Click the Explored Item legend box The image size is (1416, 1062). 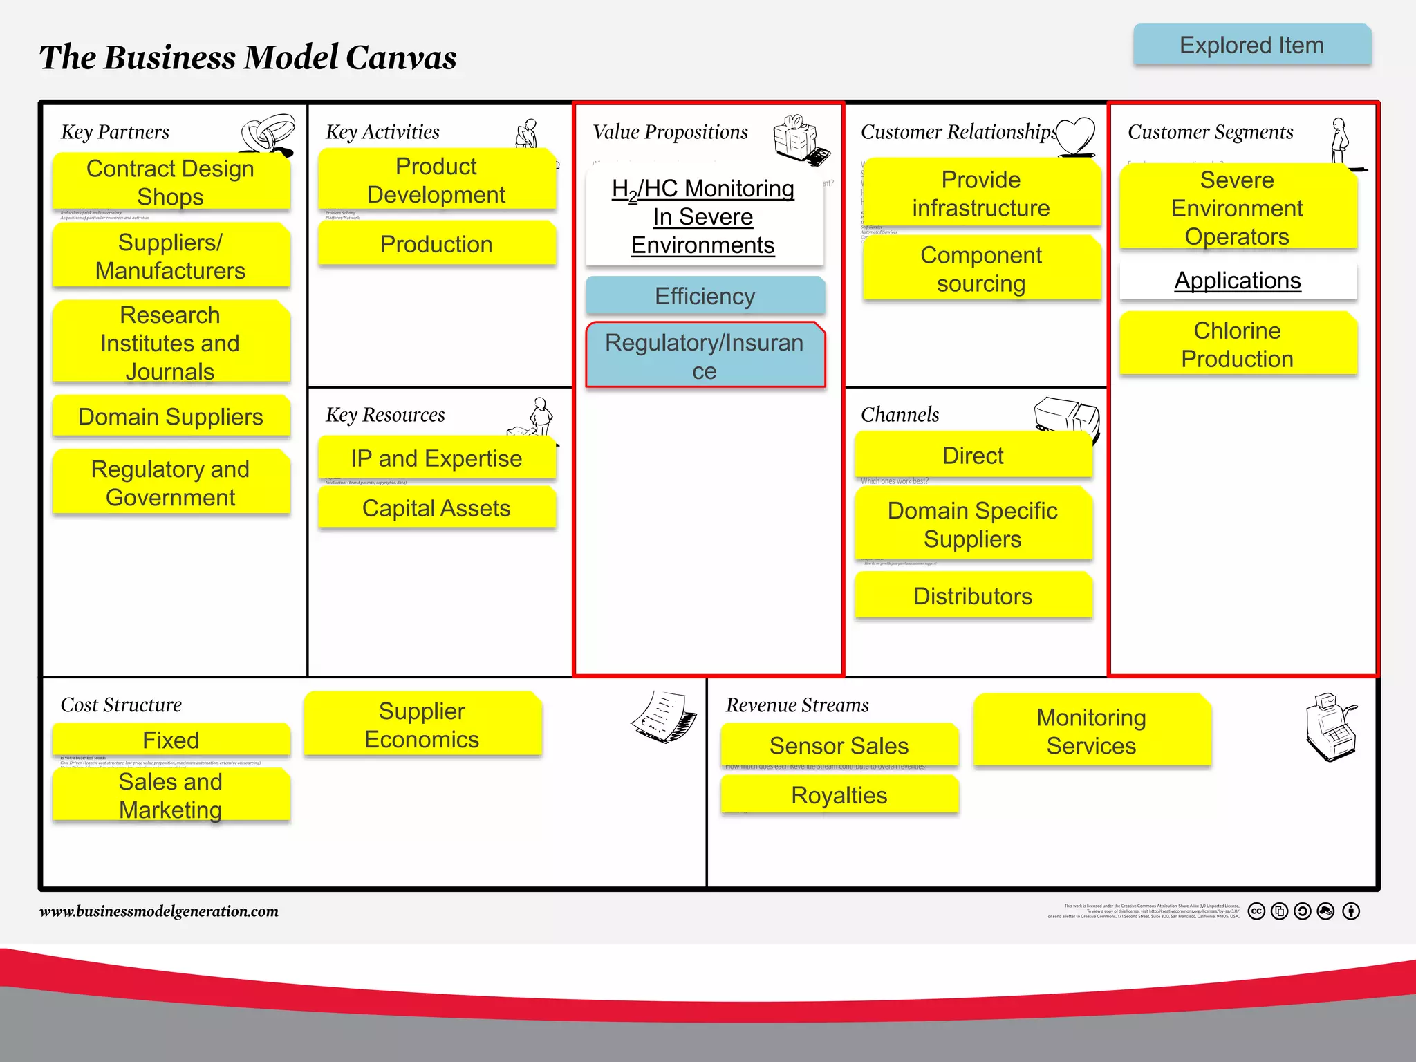pos(1251,45)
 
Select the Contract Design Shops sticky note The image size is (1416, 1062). pos(171,182)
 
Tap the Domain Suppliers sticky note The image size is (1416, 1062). pos(171,416)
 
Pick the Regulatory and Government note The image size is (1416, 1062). pos(171,483)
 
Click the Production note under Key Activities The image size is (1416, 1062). pos(436,243)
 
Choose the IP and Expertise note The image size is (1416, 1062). pos(436,458)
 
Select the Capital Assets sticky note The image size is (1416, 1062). pos(436,508)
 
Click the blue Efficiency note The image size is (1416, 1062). pos(705,296)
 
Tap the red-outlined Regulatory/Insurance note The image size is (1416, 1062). pos(705,356)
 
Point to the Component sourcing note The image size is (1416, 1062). pos(981,269)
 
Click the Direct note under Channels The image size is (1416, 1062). pos(973,456)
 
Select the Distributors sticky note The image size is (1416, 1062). pos(973,595)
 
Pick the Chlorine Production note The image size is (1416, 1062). pos(1238,344)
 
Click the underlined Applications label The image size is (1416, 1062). pos(1238,281)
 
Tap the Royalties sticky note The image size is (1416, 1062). pos(839,795)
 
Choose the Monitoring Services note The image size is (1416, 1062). pos(1091,732)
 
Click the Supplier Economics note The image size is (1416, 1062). pos(422,725)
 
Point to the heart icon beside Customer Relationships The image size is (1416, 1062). pos(1076,136)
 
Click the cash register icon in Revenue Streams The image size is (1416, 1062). pos(1331,727)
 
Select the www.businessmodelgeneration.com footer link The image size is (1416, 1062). pos(159,911)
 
